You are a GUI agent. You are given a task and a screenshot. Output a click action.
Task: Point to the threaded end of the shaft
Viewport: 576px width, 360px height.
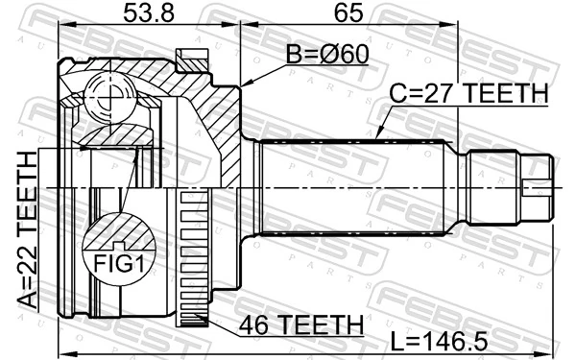[537, 185]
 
